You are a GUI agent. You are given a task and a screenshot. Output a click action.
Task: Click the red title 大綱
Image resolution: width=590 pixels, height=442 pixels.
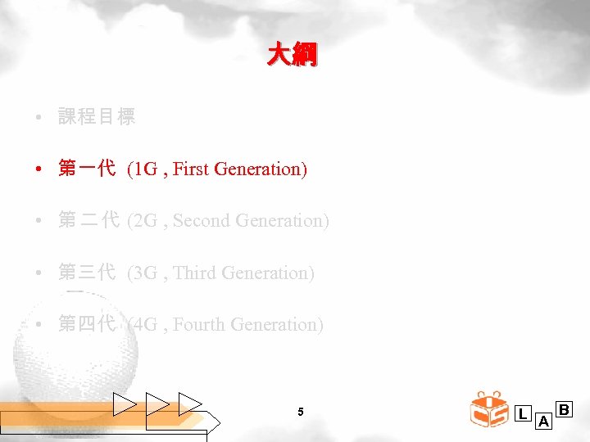click(293, 56)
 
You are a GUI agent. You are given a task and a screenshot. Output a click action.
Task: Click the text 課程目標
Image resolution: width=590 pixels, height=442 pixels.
click(97, 117)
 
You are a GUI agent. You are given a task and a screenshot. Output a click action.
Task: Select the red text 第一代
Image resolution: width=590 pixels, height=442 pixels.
click(87, 169)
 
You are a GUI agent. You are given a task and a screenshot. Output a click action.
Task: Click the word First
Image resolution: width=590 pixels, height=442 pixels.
click(192, 169)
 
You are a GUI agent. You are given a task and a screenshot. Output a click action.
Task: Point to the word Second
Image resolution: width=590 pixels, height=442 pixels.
click(202, 221)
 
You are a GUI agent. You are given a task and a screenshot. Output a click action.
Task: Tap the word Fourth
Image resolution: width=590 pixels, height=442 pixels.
click(199, 324)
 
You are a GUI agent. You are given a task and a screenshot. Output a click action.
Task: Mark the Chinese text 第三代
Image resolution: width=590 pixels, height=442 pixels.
click(87, 273)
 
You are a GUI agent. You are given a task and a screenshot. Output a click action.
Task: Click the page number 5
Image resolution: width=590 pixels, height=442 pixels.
click(301, 412)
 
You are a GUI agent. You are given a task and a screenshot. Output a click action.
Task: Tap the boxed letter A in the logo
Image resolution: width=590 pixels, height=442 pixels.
click(543, 422)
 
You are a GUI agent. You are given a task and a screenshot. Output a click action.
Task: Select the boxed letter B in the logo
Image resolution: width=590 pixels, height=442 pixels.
click(564, 408)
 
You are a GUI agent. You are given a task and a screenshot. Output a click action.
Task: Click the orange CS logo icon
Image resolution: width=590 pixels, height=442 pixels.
click(490, 410)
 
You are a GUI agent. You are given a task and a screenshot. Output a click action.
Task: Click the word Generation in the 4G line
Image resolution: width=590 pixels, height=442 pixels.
click(277, 324)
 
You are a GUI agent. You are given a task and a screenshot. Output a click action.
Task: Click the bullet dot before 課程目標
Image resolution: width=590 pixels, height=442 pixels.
click(39, 118)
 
